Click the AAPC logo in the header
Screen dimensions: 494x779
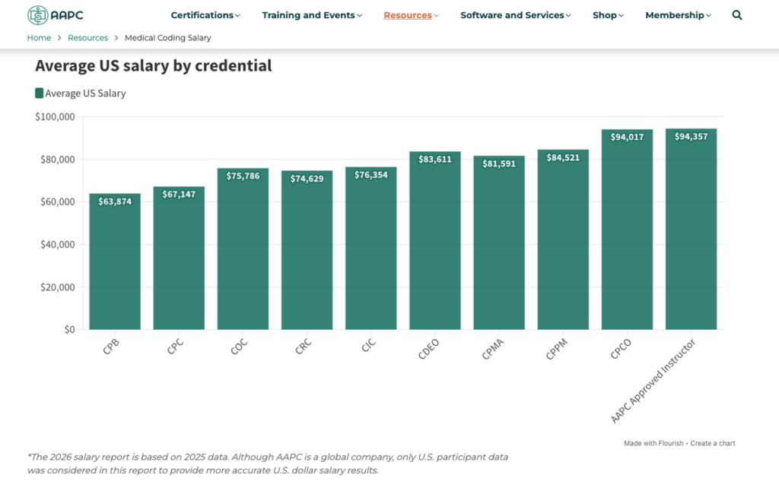(x=56, y=15)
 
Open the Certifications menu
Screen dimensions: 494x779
(x=205, y=15)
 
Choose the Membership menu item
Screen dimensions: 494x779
(x=678, y=15)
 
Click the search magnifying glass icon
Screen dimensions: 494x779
(x=736, y=15)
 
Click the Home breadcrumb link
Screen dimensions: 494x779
(x=39, y=38)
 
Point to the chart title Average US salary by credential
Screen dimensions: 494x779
(x=153, y=66)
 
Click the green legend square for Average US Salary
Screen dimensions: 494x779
(x=40, y=93)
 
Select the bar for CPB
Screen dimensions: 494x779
(x=115, y=266)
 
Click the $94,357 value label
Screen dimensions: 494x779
(x=691, y=137)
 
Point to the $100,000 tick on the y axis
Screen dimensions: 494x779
(x=55, y=117)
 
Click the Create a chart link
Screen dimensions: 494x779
(x=713, y=443)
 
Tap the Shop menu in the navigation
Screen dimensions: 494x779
(x=608, y=15)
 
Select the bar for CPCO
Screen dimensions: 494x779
(x=627, y=236)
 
